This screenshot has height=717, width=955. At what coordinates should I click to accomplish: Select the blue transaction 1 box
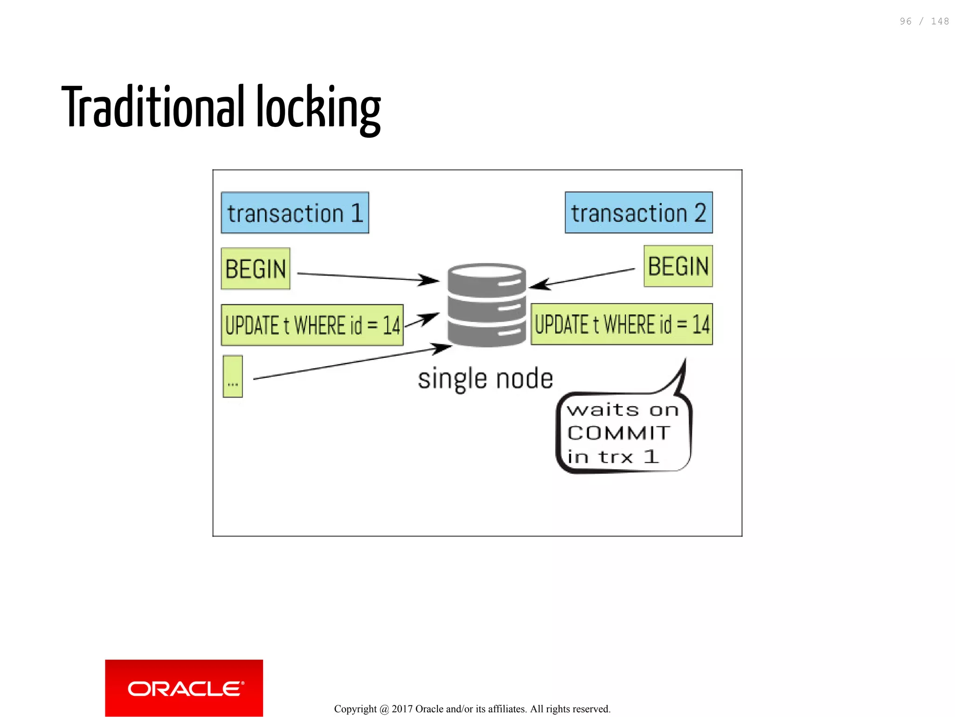click(295, 213)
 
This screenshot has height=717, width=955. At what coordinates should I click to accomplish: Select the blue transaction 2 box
click(638, 213)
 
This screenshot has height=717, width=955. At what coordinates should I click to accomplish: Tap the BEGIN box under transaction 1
click(256, 269)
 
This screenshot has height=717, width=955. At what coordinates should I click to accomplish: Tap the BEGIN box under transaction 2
click(678, 266)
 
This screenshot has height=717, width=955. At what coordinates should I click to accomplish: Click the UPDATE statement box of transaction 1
click(312, 325)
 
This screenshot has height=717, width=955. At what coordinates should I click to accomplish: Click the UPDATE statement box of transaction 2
click(622, 324)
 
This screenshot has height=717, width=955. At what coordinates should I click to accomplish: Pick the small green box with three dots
click(233, 376)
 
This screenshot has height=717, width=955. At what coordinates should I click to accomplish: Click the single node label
click(485, 378)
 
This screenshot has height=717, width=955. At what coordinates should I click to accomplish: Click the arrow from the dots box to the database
click(350, 363)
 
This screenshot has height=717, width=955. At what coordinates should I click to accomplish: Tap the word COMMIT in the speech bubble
click(619, 433)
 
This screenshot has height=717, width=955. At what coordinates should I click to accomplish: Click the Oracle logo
click(184, 688)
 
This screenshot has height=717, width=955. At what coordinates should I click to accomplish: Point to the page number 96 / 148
click(924, 21)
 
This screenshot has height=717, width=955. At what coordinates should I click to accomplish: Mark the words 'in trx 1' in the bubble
click(613, 457)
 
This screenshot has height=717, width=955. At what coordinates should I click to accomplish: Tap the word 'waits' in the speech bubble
click(602, 410)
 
